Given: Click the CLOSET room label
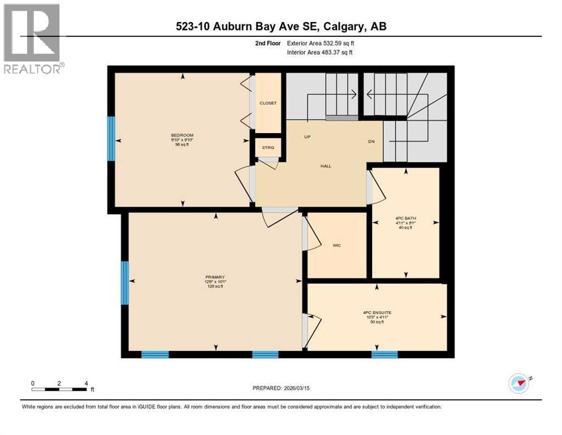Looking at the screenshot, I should (x=267, y=103).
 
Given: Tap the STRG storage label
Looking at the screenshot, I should (x=267, y=148).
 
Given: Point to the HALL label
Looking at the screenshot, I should (x=325, y=166).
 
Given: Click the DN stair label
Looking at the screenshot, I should (x=371, y=142).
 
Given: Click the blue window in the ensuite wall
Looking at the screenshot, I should (x=384, y=355).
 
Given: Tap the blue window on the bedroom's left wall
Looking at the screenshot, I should (x=111, y=138).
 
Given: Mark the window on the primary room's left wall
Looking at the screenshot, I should (x=124, y=282).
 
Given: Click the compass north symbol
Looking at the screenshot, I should (x=518, y=383).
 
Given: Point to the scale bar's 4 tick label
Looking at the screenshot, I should (x=86, y=383).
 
